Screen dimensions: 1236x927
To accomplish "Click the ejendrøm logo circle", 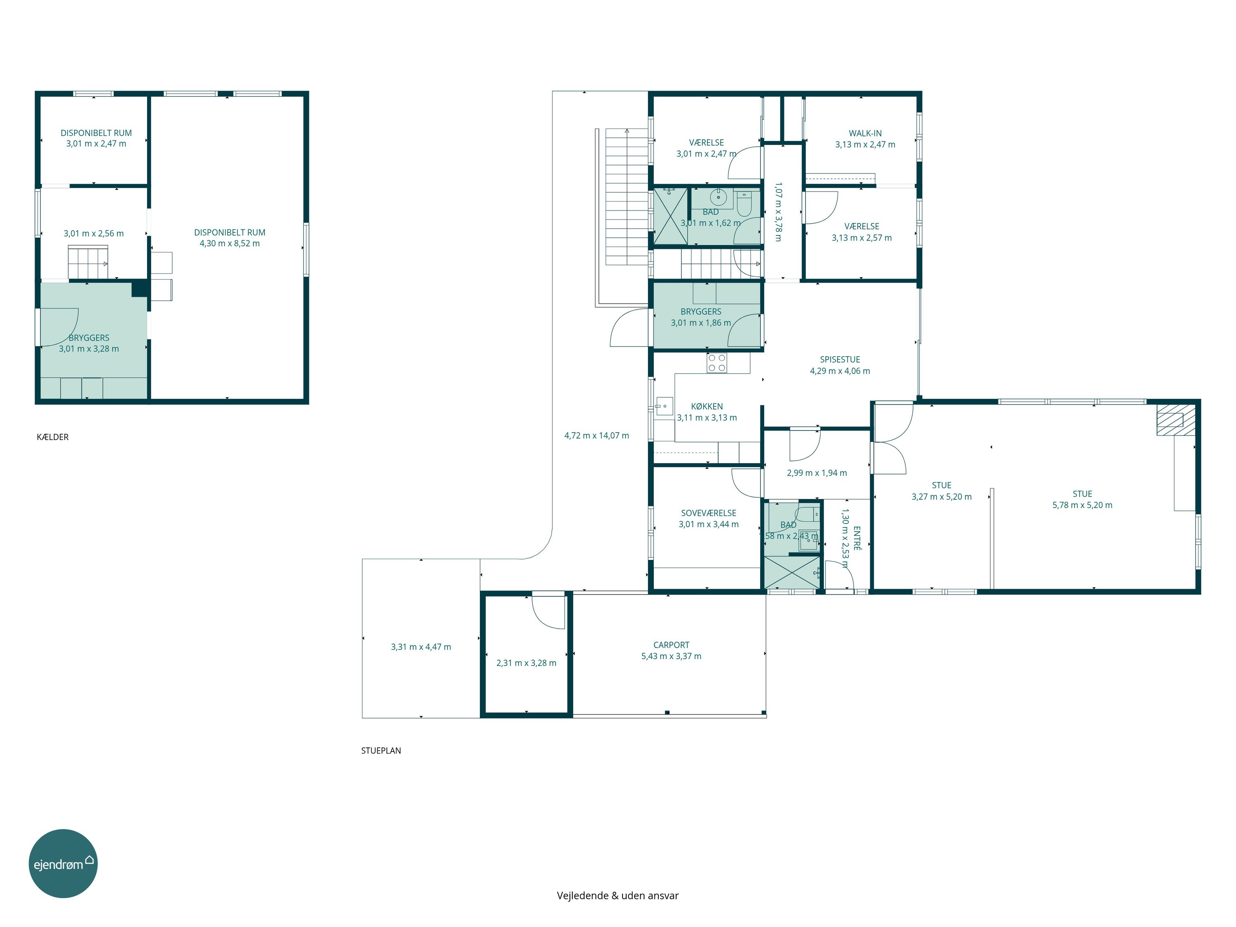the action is [x=63, y=863].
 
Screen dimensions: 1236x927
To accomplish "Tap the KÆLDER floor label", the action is [x=52, y=437].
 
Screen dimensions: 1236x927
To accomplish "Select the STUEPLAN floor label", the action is [x=381, y=750].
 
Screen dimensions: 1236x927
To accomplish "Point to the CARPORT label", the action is [x=671, y=645].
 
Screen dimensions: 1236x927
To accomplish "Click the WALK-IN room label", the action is [x=865, y=133].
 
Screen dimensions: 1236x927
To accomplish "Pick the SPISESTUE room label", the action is [x=840, y=359].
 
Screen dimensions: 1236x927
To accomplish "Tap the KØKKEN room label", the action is [x=707, y=406].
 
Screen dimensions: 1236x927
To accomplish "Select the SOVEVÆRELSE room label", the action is [x=709, y=513].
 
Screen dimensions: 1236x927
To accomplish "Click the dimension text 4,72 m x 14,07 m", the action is [x=597, y=435].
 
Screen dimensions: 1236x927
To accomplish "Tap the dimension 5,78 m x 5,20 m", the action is [x=1082, y=505].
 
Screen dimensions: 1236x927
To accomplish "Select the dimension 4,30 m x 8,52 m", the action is [x=229, y=243].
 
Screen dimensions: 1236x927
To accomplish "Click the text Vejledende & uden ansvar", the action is [x=618, y=896].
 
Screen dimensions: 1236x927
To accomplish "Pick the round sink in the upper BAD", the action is [x=719, y=197].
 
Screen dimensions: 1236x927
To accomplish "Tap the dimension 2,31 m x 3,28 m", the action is [x=527, y=663].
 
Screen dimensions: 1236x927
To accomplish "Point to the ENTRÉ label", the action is [x=857, y=538].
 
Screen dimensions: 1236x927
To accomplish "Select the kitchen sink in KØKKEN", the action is [x=664, y=406].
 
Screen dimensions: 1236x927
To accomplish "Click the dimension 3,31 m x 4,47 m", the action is [x=421, y=647].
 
